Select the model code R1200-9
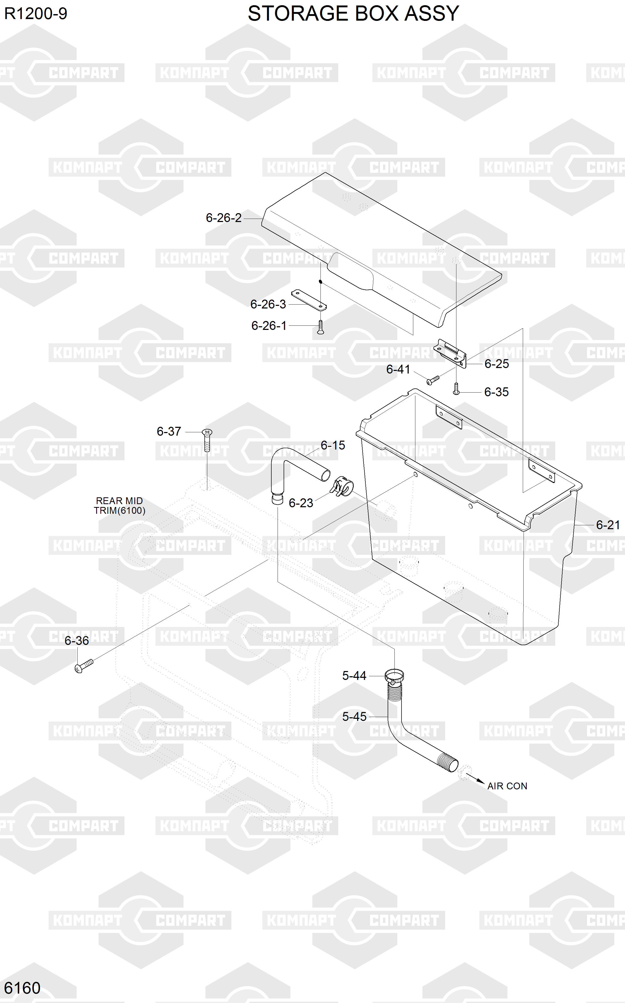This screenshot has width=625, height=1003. pyautogui.click(x=36, y=14)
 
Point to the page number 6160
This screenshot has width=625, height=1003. pyautogui.click(x=22, y=988)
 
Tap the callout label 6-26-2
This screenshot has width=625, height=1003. pyautogui.click(x=224, y=218)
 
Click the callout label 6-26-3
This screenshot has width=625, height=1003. pyautogui.click(x=268, y=304)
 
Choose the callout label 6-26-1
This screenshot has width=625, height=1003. pyautogui.click(x=269, y=325)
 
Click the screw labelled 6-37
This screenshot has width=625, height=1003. pyautogui.click(x=207, y=440)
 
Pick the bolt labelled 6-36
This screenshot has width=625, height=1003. pyautogui.click(x=84, y=666)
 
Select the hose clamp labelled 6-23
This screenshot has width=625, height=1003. pyautogui.click(x=342, y=486)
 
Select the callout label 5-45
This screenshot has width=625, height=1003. pyautogui.click(x=354, y=716)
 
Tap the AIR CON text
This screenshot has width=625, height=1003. pyautogui.click(x=507, y=786)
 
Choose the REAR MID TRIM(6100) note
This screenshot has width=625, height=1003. pyautogui.click(x=119, y=505)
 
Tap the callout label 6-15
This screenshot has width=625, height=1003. pyautogui.click(x=333, y=445)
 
